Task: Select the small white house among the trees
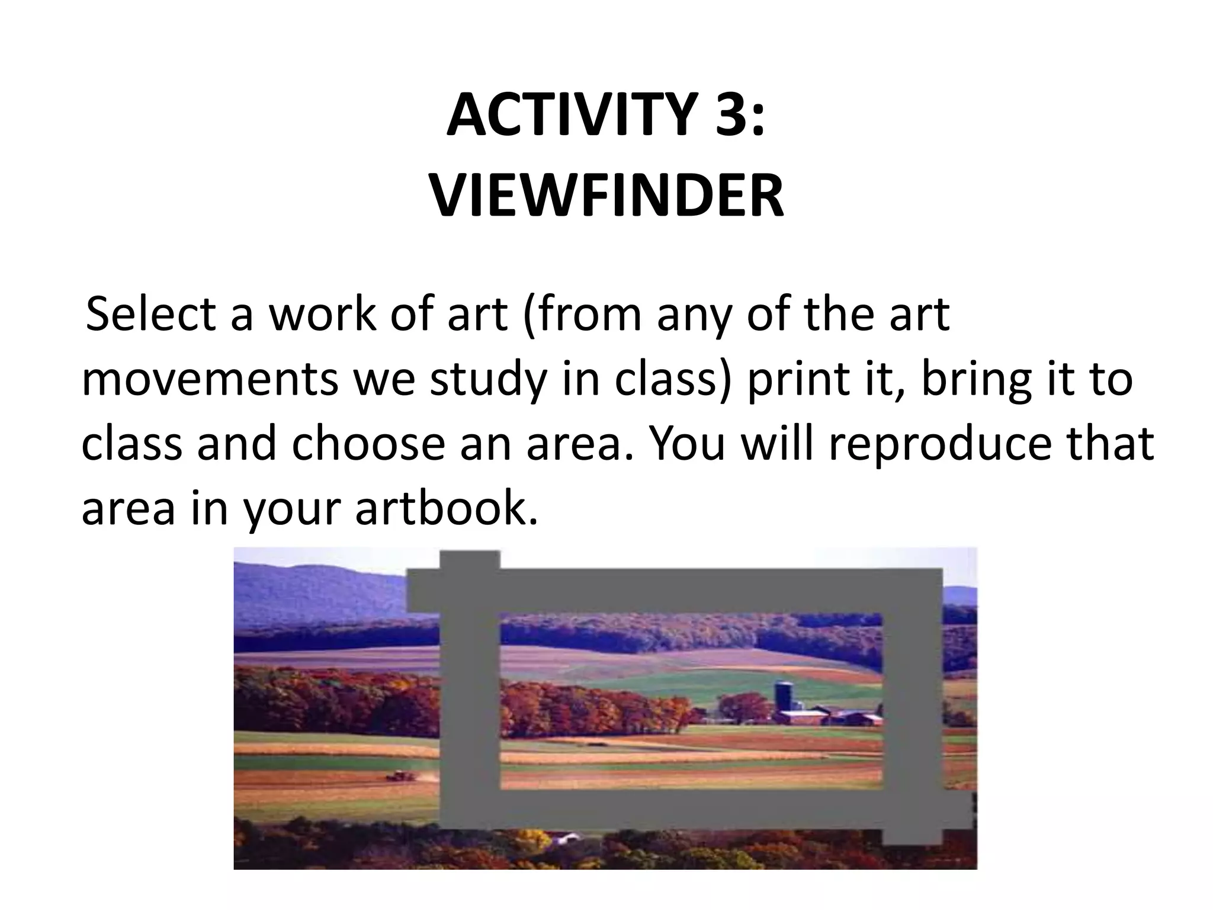[x=567, y=838]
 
